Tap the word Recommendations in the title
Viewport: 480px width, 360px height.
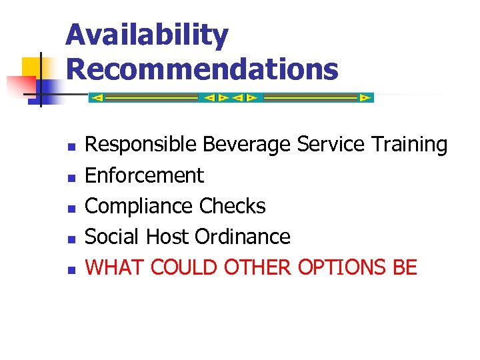click(x=202, y=69)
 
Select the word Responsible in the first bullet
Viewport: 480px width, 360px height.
click(x=141, y=144)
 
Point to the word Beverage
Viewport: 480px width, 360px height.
click(x=247, y=144)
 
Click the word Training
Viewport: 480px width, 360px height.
click(x=409, y=144)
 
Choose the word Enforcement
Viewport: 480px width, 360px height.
click(x=145, y=175)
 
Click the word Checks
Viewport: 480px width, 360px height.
click(x=232, y=206)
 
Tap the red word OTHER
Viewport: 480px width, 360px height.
click(x=257, y=267)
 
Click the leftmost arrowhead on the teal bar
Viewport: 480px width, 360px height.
click(x=97, y=97)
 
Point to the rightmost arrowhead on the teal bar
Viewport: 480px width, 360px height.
click(x=365, y=97)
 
